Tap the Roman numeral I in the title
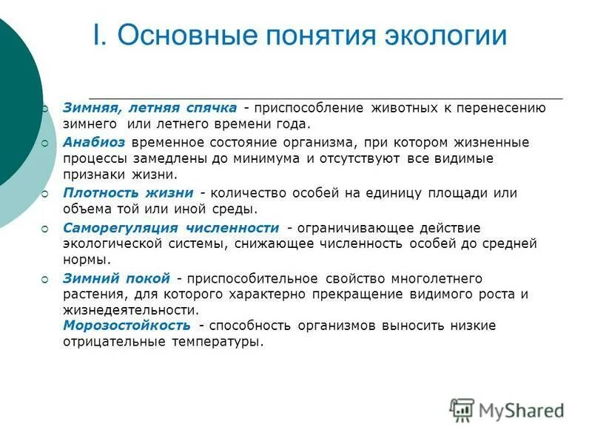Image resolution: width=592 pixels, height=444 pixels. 96,36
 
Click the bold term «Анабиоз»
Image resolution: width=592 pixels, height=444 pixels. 94,142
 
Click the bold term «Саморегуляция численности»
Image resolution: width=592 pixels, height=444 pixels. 171,227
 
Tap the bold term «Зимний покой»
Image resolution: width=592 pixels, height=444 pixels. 116,278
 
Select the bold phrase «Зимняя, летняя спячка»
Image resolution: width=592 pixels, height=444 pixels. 149,108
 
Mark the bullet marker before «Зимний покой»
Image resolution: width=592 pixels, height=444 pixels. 45,279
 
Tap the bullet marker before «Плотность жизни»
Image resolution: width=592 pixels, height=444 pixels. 45,193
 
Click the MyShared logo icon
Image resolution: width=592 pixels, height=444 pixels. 462,409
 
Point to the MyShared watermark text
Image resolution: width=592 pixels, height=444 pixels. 521,410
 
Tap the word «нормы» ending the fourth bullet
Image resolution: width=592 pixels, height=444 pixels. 87,260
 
